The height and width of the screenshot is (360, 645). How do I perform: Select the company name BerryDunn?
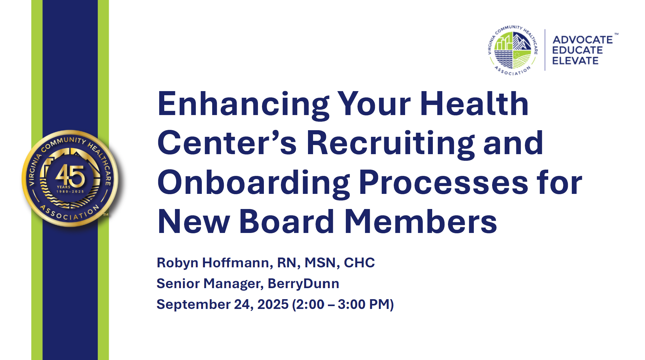click(303, 284)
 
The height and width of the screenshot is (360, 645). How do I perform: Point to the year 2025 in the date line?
click(273, 305)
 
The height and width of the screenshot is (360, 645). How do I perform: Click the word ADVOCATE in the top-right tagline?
click(583, 40)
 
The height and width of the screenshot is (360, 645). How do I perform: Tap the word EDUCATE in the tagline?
click(577, 50)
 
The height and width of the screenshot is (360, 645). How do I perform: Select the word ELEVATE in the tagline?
click(575, 61)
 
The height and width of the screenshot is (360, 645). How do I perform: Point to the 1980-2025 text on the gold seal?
click(70, 192)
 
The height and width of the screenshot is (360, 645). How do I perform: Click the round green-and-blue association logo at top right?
click(513, 50)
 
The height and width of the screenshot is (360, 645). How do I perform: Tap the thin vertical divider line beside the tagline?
click(545, 50)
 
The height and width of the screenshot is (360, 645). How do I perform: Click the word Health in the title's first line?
click(474, 104)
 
